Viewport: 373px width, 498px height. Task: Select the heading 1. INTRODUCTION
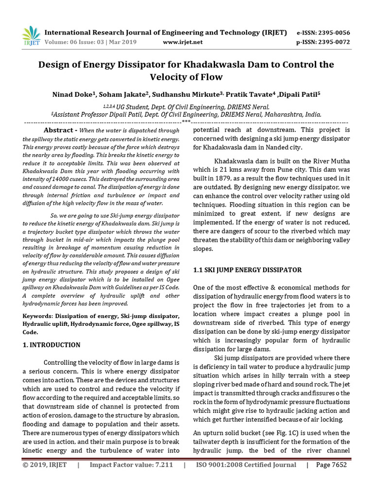tap(51, 345)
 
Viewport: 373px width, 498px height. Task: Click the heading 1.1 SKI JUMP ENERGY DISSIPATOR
tap(247, 269)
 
